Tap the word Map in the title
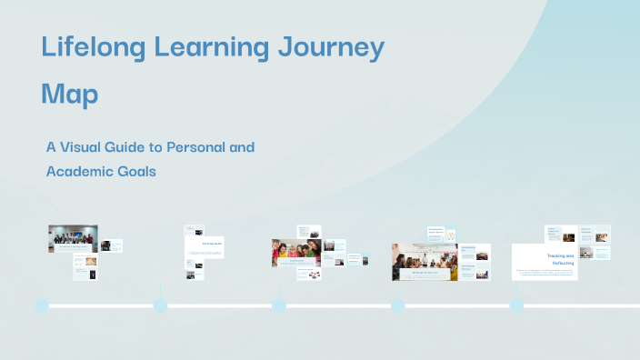click(70, 94)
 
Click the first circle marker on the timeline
click(42, 305)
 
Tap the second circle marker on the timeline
click(161, 305)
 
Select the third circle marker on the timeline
click(279, 305)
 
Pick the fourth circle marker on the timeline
click(398, 305)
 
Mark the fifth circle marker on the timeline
click(516, 305)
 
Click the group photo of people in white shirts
click(72, 237)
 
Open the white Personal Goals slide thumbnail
click(204, 246)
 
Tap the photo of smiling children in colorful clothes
click(295, 252)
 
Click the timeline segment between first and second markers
click(101, 305)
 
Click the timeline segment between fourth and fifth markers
click(457, 305)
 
